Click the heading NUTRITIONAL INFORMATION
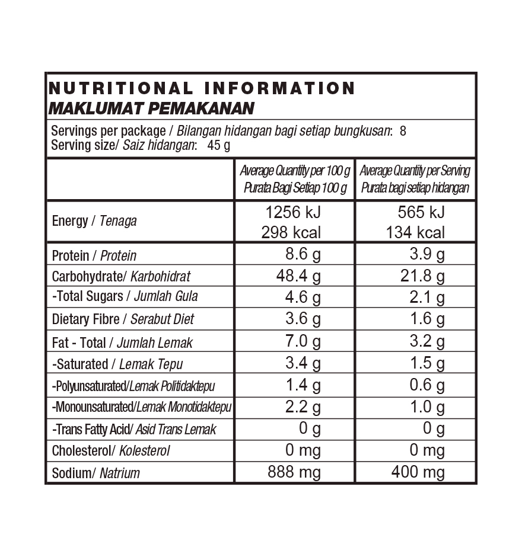(x=202, y=89)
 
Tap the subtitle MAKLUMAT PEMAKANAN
(x=151, y=108)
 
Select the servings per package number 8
(x=403, y=131)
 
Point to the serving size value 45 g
(x=218, y=145)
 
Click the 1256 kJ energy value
(x=293, y=212)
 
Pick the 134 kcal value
(x=415, y=232)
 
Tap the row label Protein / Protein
(x=94, y=255)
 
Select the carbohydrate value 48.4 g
(x=298, y=276)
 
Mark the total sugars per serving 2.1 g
(x=427, y=297)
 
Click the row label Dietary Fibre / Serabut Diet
(x=123, y=319)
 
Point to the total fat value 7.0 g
(x=303, y=341)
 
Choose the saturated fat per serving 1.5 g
(x=427, y=363)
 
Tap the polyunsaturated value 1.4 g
(x=303, y=385)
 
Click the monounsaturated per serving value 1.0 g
(x=427, y=407)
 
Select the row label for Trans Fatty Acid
(x=134, y=429)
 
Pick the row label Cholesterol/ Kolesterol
(x=111, y=451)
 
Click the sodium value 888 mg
(x=294, y=472)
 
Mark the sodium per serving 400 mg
(x=418, y=472)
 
